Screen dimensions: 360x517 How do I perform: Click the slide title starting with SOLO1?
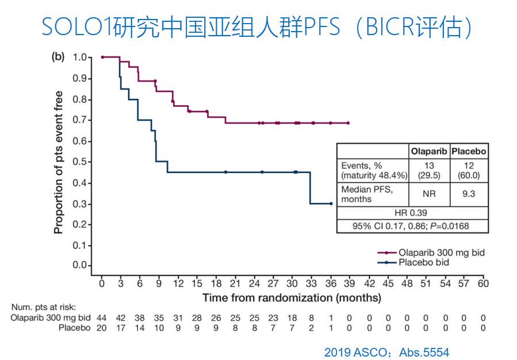pos(258,27)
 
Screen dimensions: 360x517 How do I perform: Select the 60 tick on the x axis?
pos(483,283)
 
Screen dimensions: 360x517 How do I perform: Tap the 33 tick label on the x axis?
pos(311,283)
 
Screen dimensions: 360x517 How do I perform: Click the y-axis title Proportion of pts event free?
pos(58,163)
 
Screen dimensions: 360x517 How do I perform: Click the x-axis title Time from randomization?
pos(291,298)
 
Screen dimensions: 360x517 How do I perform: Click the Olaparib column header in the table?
pos(428,152)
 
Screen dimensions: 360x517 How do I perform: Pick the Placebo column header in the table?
pos(469,152)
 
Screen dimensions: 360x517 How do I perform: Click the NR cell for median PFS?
pos(428,194)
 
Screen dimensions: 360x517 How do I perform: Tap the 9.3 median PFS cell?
pos(469,194)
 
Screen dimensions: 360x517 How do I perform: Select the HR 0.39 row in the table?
pos(412,213)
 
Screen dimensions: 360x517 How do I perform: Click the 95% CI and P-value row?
pos(412,226)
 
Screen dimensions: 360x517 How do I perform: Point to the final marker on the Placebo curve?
pos(331,204)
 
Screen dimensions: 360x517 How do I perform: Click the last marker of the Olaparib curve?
pos(349,123)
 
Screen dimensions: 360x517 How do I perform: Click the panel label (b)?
pos(58,57)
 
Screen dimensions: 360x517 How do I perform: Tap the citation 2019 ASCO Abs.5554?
pos(386,352)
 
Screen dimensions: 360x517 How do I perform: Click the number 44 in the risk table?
pos(101,317)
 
